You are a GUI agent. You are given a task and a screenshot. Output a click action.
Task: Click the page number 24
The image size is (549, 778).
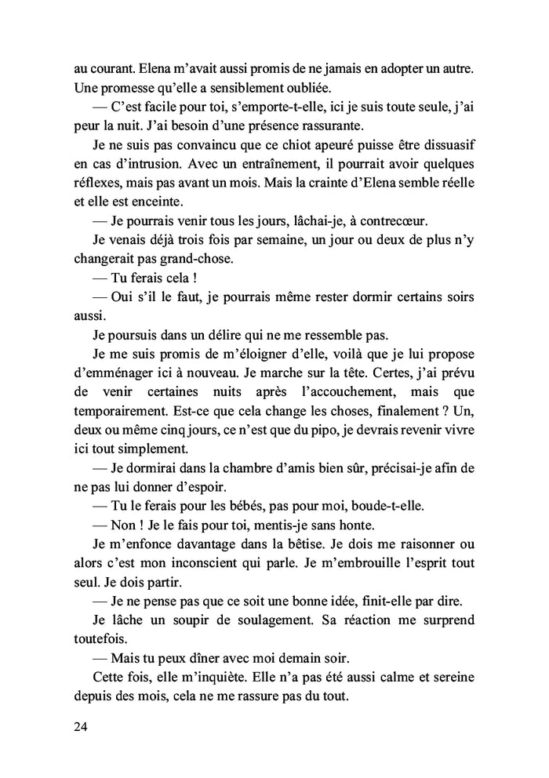80,726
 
